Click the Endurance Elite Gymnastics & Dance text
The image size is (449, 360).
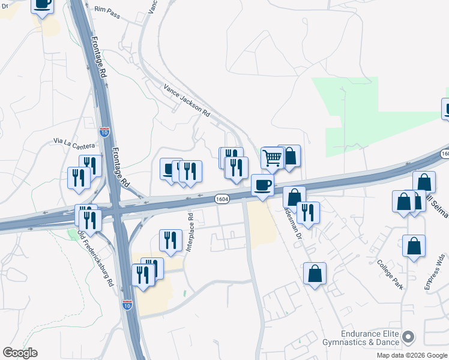pyautogui.click(x=369, y=339)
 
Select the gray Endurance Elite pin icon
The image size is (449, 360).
pyautogui.click(x=409, y=338)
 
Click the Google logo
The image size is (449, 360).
pyautogui.click(x=20, y=353)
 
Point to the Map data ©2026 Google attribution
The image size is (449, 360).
pyautogui.click(x=412, y=355)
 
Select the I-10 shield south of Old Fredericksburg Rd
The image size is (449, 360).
pyautogui.click(x=127, y=304)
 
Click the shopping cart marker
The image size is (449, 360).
pyautogui.click(x=273, y=158)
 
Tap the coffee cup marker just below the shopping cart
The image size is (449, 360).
pyautogui.click(x=262, y=185)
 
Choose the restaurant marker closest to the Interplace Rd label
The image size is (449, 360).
pyautogui.click(x=170, y=240)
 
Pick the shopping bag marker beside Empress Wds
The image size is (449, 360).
pyautogui.click(x=414, y=245)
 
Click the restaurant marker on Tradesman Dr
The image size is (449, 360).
pyautogui.click(x=308, y=212)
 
